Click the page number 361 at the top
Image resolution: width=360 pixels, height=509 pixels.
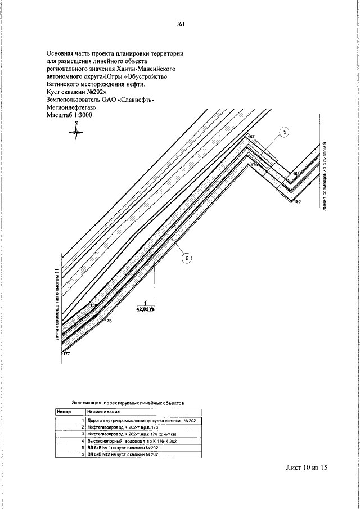tap(180, 24)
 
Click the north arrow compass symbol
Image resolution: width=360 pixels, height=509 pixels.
tap(76, 131)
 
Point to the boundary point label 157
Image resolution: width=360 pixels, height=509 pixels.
tap(251, 137)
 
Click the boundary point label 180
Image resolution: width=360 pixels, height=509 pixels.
tap(298, 202)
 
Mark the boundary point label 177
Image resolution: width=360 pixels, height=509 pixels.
tap(66, 353)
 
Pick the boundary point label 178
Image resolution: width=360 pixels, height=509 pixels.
tap(108, 321)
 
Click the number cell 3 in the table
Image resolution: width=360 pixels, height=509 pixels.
tap(83, 434)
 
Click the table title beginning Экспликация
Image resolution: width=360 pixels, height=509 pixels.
tap(128, 403)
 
